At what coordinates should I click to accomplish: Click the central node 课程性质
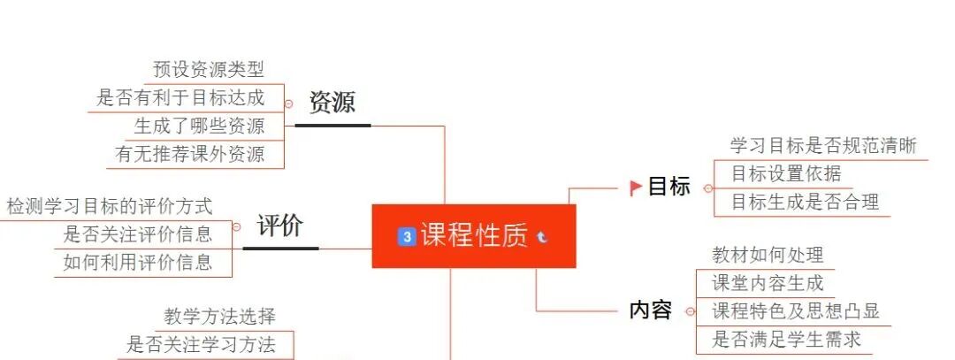click(x=474, y=236)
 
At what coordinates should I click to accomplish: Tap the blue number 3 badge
click(x=407, y=236)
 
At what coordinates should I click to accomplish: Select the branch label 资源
click(x=332, y=103)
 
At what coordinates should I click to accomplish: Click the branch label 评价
click(x=280, y=226)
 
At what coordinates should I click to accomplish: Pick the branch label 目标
click(x=669, y=188)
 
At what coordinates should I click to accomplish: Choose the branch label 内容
click(x=650, y=310)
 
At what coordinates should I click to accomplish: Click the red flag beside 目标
click(x=635, y=188)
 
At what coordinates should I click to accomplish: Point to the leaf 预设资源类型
click(x=208, y=69)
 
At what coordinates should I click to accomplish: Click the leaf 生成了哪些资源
click(x=199, y=126)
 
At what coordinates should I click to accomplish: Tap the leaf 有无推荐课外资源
click(x=190, y=155)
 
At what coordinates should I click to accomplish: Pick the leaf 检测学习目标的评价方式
click(x=110, y=207)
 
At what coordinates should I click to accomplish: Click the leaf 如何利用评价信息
click(x=137, y=262)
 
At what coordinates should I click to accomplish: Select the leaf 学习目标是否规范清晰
click(x=823, y=146)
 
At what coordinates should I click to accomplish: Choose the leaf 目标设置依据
click(x=786, y=174)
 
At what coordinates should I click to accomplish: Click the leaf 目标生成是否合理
click(x=805, y=203)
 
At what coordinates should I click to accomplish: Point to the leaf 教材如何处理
click(x=768, y=256)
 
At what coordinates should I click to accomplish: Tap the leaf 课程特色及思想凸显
click(x=796, y=311)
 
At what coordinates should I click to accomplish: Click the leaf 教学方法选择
click(x=219, y=317)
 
